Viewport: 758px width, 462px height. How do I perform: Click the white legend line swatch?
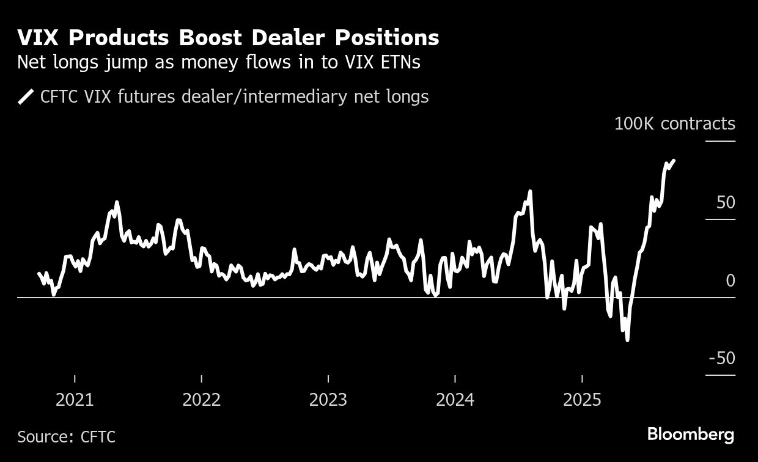26,97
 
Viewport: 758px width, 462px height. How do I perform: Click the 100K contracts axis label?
674,123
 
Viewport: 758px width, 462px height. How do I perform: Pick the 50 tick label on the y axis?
725,202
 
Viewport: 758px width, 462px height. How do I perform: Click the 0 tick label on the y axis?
730,280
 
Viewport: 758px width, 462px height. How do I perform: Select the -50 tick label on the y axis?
721,358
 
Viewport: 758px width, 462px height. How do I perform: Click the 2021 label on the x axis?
75,400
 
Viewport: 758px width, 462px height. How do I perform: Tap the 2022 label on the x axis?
202,400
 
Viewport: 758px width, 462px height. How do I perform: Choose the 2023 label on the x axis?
328,400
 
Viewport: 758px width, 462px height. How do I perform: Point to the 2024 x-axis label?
455,400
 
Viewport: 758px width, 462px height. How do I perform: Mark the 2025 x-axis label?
582,400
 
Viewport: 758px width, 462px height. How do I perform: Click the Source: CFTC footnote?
66,437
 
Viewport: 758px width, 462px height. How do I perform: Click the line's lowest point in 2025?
627,340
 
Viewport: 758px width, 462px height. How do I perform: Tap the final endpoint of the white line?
674,161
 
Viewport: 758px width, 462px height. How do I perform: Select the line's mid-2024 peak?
529,191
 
